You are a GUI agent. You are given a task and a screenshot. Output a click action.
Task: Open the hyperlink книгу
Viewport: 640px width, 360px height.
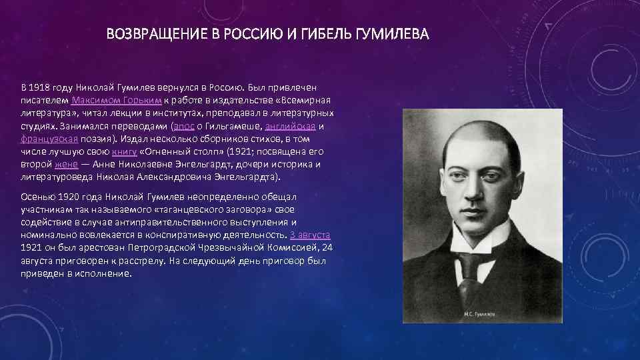pyautogui.click(x=133, y=151)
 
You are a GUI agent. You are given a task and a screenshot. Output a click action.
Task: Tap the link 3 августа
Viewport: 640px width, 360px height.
pyautogui.click(x=310, y=235)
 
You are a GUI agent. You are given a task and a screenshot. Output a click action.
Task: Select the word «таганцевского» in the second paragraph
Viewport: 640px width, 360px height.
pyautogui.click(x=185, y=210)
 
